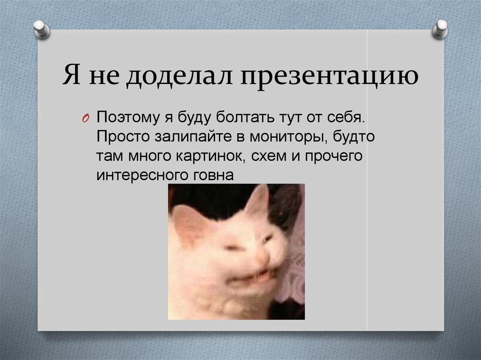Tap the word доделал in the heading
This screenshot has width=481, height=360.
(x=179, y=76)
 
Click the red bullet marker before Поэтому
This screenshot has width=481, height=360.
(x=85, y=118)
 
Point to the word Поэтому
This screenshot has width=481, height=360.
(x=128, y=117)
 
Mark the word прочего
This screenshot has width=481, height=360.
(x=334, y=156)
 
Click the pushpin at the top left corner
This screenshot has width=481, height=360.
(x=42, y=30)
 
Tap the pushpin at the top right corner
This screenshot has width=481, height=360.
(x=440, y=30)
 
